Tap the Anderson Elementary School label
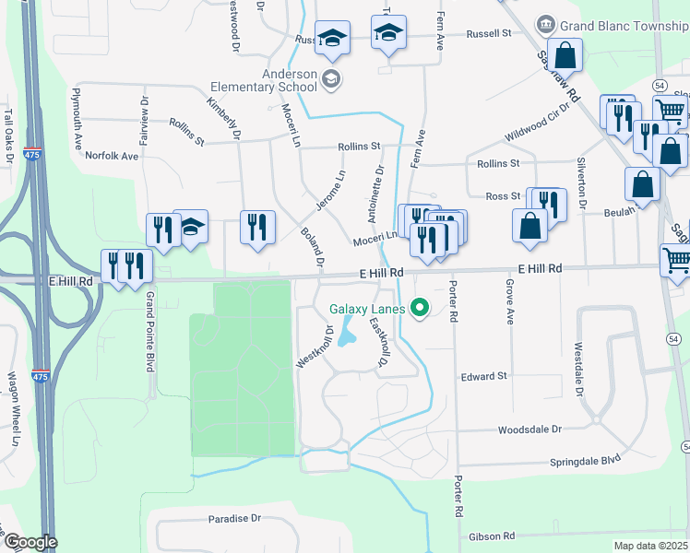coord(263,80)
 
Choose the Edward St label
coord(484,376)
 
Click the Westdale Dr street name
coord(579,370)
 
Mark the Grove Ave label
coord(508,303)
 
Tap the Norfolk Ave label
coord(112,156)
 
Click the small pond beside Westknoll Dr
coord(347,333)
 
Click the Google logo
coord(30,543)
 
